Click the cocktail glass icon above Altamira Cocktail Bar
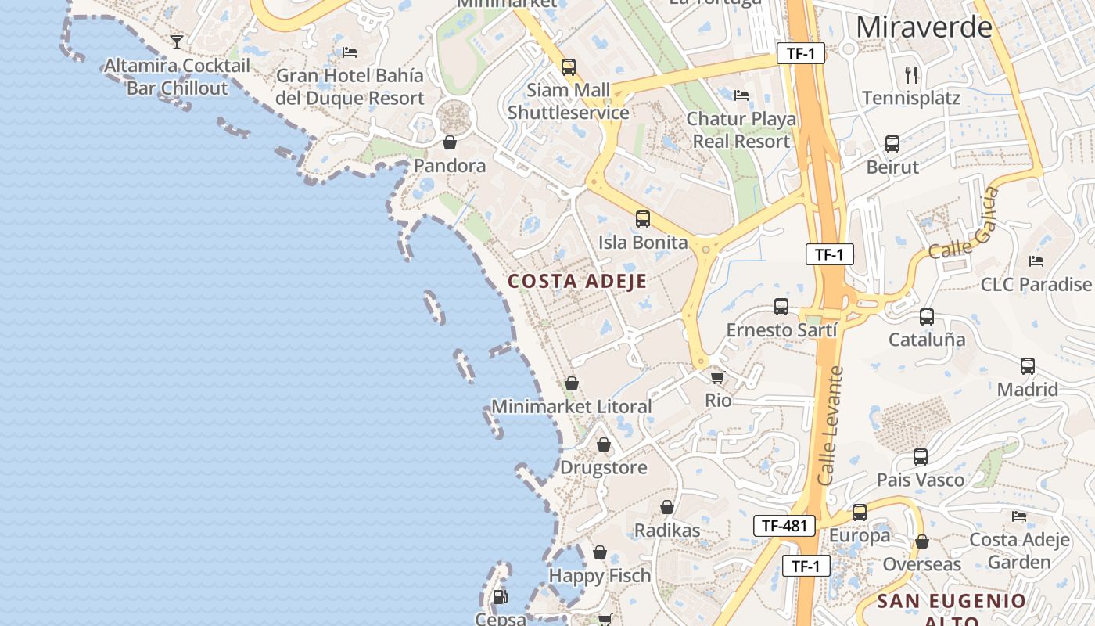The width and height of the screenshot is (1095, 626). [177, 41]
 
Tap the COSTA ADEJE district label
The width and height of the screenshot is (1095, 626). [577, 282]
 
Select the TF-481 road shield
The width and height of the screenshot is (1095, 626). [784, 526]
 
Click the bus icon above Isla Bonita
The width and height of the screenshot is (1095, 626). [643, 219]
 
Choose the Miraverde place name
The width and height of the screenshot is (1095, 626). [924, 27]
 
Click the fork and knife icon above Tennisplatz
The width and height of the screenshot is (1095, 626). [910, 75]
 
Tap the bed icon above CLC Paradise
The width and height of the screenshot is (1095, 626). [1036, 261]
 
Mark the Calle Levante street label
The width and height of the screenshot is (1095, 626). [831, 426]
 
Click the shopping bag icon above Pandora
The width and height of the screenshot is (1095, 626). [450, 142]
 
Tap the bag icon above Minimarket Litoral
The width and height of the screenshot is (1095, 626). [572, 383]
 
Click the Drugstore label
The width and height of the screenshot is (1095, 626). [604, 468]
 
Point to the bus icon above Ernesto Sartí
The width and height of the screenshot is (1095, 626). [781, 307]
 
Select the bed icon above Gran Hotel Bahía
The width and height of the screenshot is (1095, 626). [350, 52]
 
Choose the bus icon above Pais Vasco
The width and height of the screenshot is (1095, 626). [921, 457]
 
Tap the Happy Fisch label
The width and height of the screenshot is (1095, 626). [600, 576]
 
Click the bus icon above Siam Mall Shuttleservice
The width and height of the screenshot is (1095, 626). [569, 67]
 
